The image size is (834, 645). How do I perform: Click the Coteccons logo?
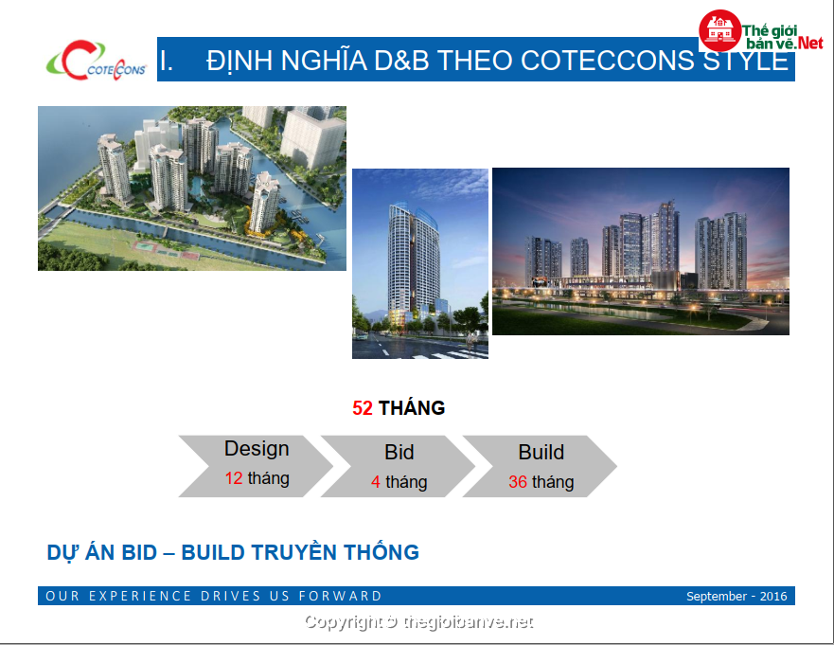[x=97, y=60]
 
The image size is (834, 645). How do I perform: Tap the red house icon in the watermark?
[x=720, y=30]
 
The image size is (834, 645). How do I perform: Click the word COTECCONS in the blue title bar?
[x=608, y=60]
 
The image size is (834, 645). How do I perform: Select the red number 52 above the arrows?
[x=363, y=408]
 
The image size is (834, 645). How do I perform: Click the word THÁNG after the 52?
[x=412, y=408]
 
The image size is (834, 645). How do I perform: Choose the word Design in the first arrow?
[x=257, y=449]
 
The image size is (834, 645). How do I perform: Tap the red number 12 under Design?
[x=234, y=478]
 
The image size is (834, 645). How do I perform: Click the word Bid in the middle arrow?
[x=399, y=453]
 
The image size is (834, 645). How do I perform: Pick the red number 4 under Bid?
[x=376, y=482]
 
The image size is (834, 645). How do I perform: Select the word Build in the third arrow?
[x=541, y=453]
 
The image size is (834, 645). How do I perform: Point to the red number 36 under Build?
[x=518, y=482]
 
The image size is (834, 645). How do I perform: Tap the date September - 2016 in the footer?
[x=736, y=596]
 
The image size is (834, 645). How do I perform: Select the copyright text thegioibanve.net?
[x=468, y=621]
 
